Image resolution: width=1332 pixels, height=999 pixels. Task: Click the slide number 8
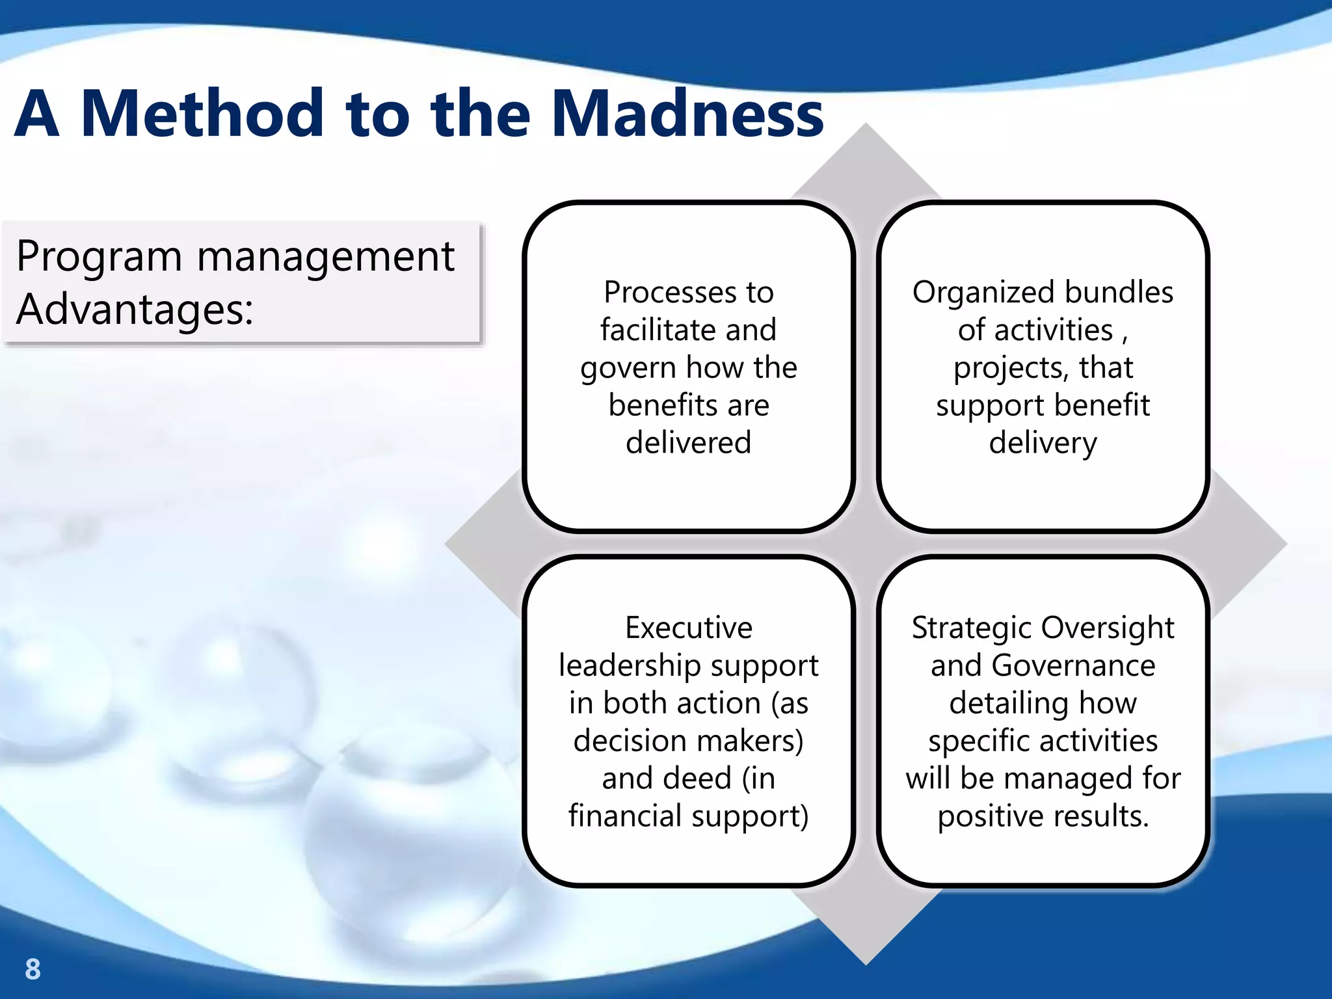[33, 969]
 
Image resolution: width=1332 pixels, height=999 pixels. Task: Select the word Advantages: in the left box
[135, 309]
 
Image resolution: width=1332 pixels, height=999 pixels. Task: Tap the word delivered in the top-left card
[688, 443]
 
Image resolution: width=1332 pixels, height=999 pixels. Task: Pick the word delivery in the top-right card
[1043, 443]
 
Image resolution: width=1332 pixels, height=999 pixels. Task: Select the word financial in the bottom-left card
[624, 816]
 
